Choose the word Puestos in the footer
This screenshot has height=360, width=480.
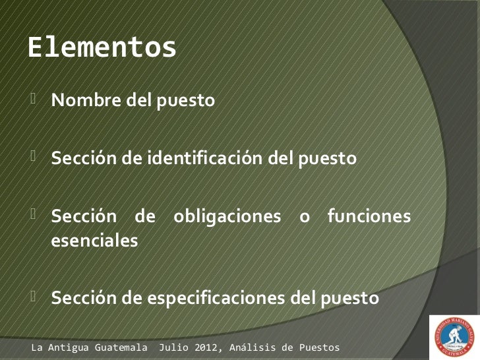319,347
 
